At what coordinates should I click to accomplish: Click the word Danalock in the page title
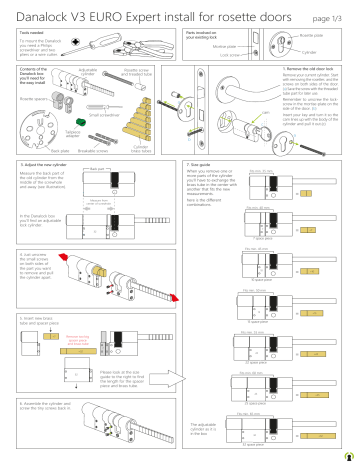point(39,12)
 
